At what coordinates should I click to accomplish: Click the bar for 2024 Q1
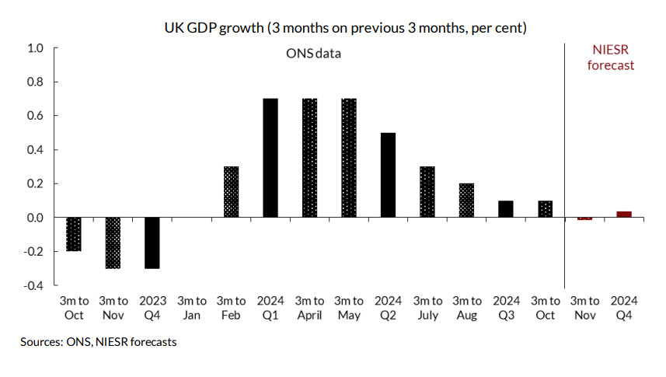point(270,158)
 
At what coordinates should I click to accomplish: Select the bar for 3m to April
point(309,158)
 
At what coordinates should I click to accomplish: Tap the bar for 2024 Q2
point(388,175)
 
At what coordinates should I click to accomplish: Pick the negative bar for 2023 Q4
point(152,243)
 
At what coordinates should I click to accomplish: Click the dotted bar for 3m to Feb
point(231,192)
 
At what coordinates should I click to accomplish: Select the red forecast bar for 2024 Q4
point(623,214)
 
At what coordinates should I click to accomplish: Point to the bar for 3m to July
point(427,192)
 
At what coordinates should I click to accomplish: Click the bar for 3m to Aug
point(466,201)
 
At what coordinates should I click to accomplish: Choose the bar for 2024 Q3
point(505,209)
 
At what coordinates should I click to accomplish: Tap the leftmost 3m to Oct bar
point(74,234)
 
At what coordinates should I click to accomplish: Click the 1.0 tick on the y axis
point(35,48)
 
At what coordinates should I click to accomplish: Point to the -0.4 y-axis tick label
point(33,285)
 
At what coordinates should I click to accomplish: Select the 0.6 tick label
point(35,116)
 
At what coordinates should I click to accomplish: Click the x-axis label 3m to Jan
point(191,308)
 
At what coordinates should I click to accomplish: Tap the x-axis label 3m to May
point(348,308)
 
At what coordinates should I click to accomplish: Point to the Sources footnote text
point(98,341)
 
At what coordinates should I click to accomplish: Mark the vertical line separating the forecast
point(564,155)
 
